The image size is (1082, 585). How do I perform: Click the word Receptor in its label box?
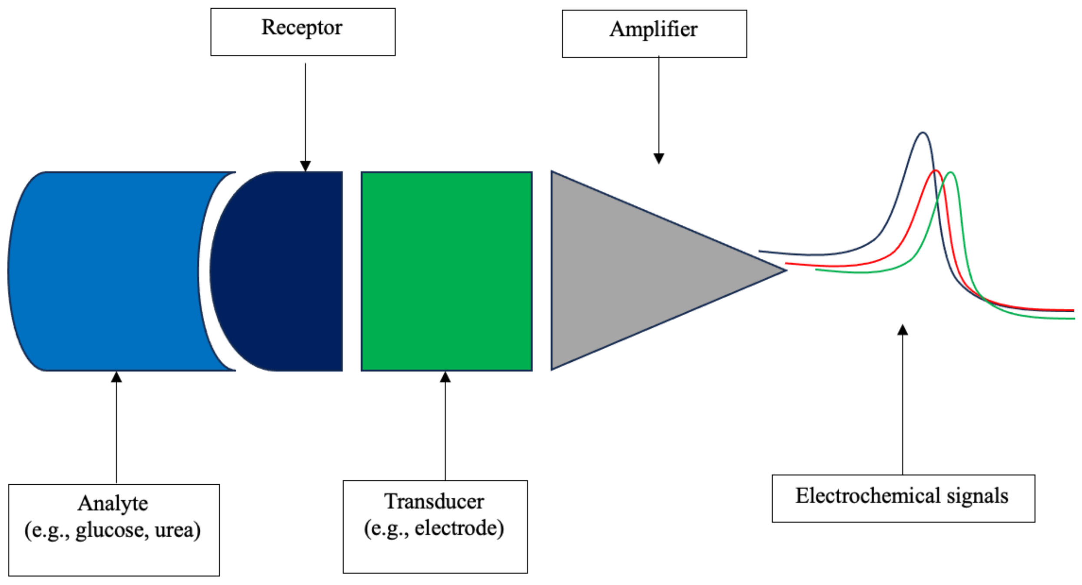tap(302, 28)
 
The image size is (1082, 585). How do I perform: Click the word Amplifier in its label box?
tap(653, 30)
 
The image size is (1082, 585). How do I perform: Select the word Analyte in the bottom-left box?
tap(113, 504)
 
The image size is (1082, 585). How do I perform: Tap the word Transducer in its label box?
tap(434, 502)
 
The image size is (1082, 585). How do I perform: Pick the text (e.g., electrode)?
tap(434, 529)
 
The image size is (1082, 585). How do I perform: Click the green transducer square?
tap(446, 271)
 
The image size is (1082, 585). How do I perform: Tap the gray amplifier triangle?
tap(630, 271)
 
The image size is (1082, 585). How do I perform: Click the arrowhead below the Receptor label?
tap(305, 166)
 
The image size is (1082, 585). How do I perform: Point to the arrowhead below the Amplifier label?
tap(658, 158)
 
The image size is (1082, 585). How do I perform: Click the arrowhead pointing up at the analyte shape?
tap(116, 377)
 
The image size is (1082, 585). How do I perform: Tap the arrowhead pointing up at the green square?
tap(445, 377)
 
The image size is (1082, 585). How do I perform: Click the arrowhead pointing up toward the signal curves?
tap(903, 330)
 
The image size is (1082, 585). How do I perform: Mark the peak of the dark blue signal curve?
tap(923, 133)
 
